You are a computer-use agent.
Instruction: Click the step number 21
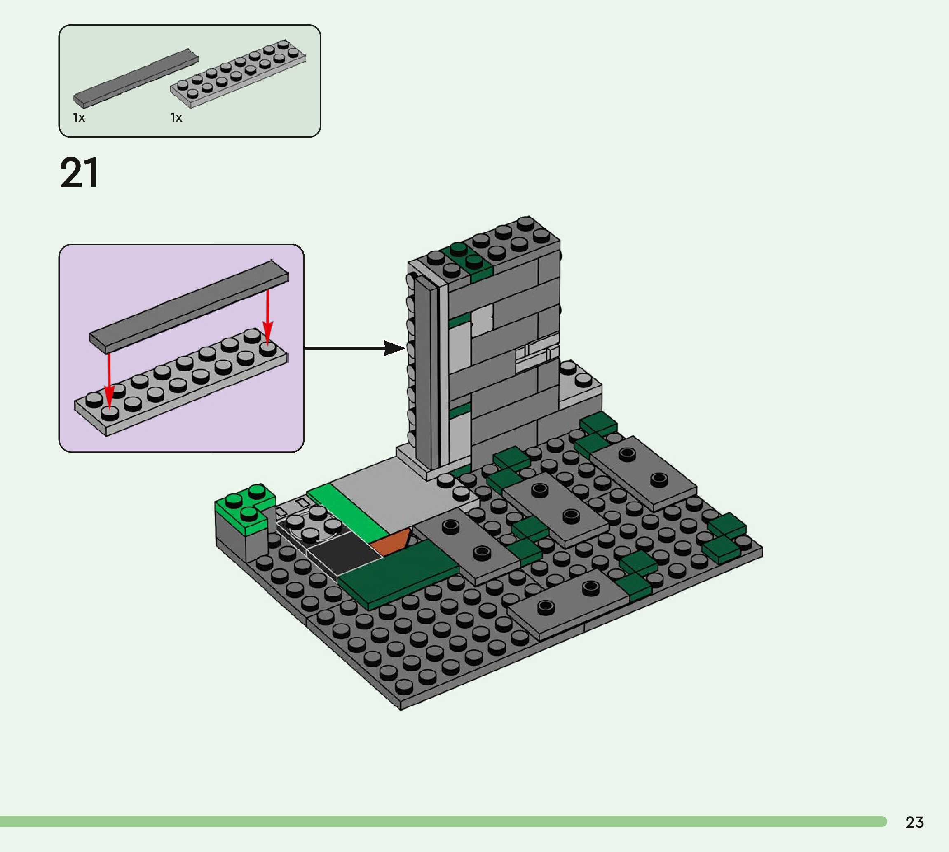(79, 172)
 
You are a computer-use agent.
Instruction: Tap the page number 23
(914, 822)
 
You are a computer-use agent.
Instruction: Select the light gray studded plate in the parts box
(238, 73)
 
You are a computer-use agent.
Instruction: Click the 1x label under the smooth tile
(79, 117)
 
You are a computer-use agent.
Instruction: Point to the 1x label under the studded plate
(176, 117)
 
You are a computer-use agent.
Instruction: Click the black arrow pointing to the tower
(354, 348)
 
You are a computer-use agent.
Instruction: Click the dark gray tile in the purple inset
(189, 307)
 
